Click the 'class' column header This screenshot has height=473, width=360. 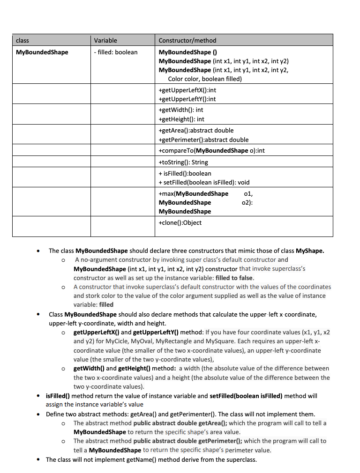(22, 40)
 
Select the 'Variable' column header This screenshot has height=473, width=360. (105, 40)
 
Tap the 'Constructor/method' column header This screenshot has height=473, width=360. (187, 40)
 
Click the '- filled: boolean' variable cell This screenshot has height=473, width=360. (116, 52)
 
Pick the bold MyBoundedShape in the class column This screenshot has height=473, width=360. (42, 52)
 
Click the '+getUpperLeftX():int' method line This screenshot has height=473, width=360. (187, 89)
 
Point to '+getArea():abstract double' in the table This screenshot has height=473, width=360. (196, 130)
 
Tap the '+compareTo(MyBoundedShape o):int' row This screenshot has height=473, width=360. (212, 150)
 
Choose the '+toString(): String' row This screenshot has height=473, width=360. (183, 162)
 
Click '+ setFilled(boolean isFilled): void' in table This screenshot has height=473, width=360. (204, 182)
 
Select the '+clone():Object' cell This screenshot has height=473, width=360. (180, 222)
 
